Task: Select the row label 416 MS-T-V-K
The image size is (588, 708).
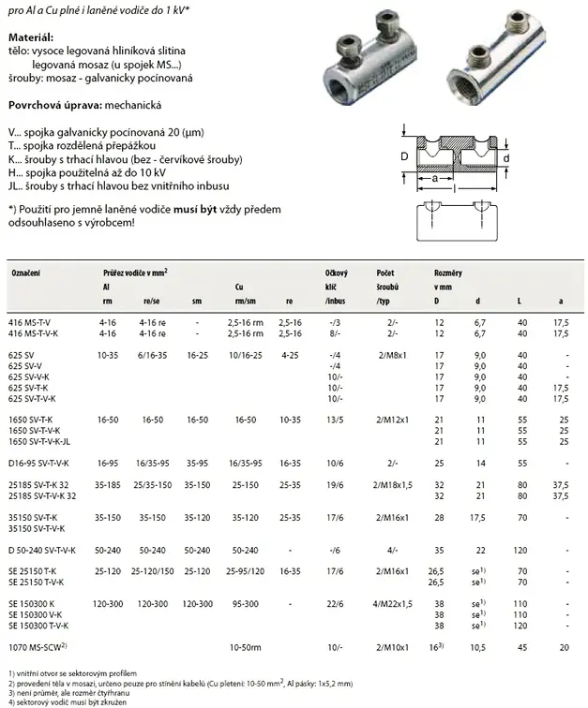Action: coord(36,332)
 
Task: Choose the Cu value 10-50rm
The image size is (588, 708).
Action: coord(244,646)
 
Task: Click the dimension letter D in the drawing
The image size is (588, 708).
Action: coord(403,156)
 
